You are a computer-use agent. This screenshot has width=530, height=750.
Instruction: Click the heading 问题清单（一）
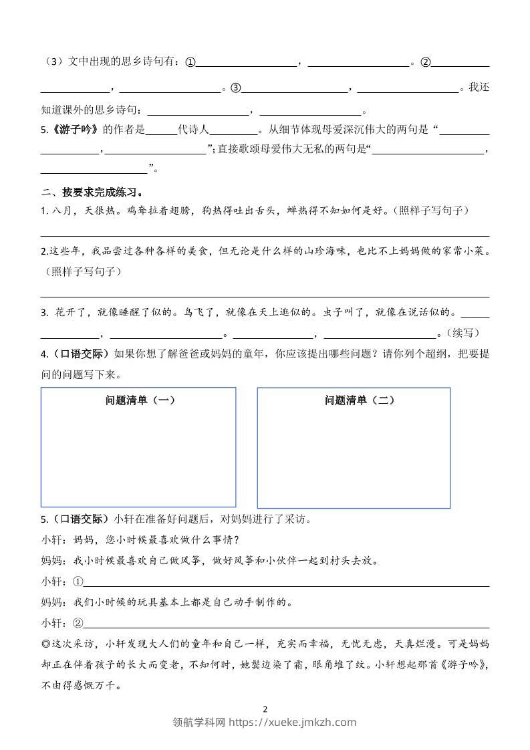click(x=139, y=400)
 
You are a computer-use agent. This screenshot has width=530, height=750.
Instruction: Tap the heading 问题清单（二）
click(x=359, y=400)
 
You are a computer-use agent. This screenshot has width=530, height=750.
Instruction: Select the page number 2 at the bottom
click(x=265, y=709)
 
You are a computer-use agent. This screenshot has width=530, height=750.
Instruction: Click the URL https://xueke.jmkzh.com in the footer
click(x=293, y=722)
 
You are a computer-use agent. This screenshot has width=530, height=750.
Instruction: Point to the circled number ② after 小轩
click(x=77, y=624)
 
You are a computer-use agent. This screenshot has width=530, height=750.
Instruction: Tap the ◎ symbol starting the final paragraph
click(x=45, y=644)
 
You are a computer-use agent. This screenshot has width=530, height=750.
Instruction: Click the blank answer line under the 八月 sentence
click(x=265, y=235)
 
